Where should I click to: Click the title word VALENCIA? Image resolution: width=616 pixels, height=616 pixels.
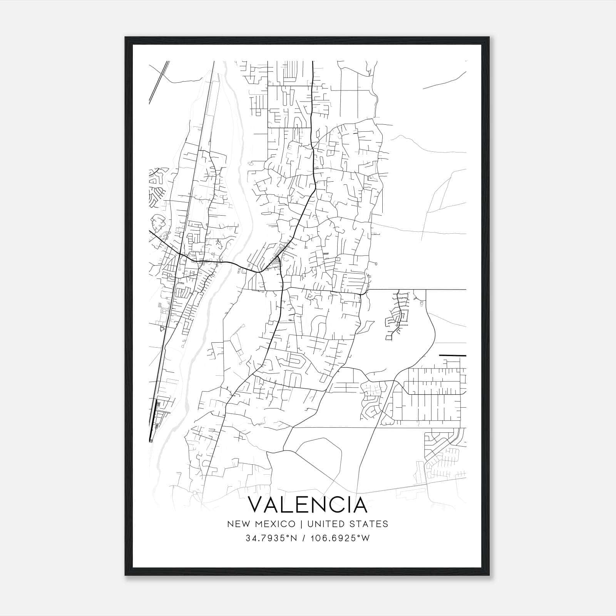(307, 505)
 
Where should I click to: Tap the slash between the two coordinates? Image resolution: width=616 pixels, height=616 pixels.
(305, 538)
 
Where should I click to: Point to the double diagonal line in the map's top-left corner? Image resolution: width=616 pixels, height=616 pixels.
(159, 82)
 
